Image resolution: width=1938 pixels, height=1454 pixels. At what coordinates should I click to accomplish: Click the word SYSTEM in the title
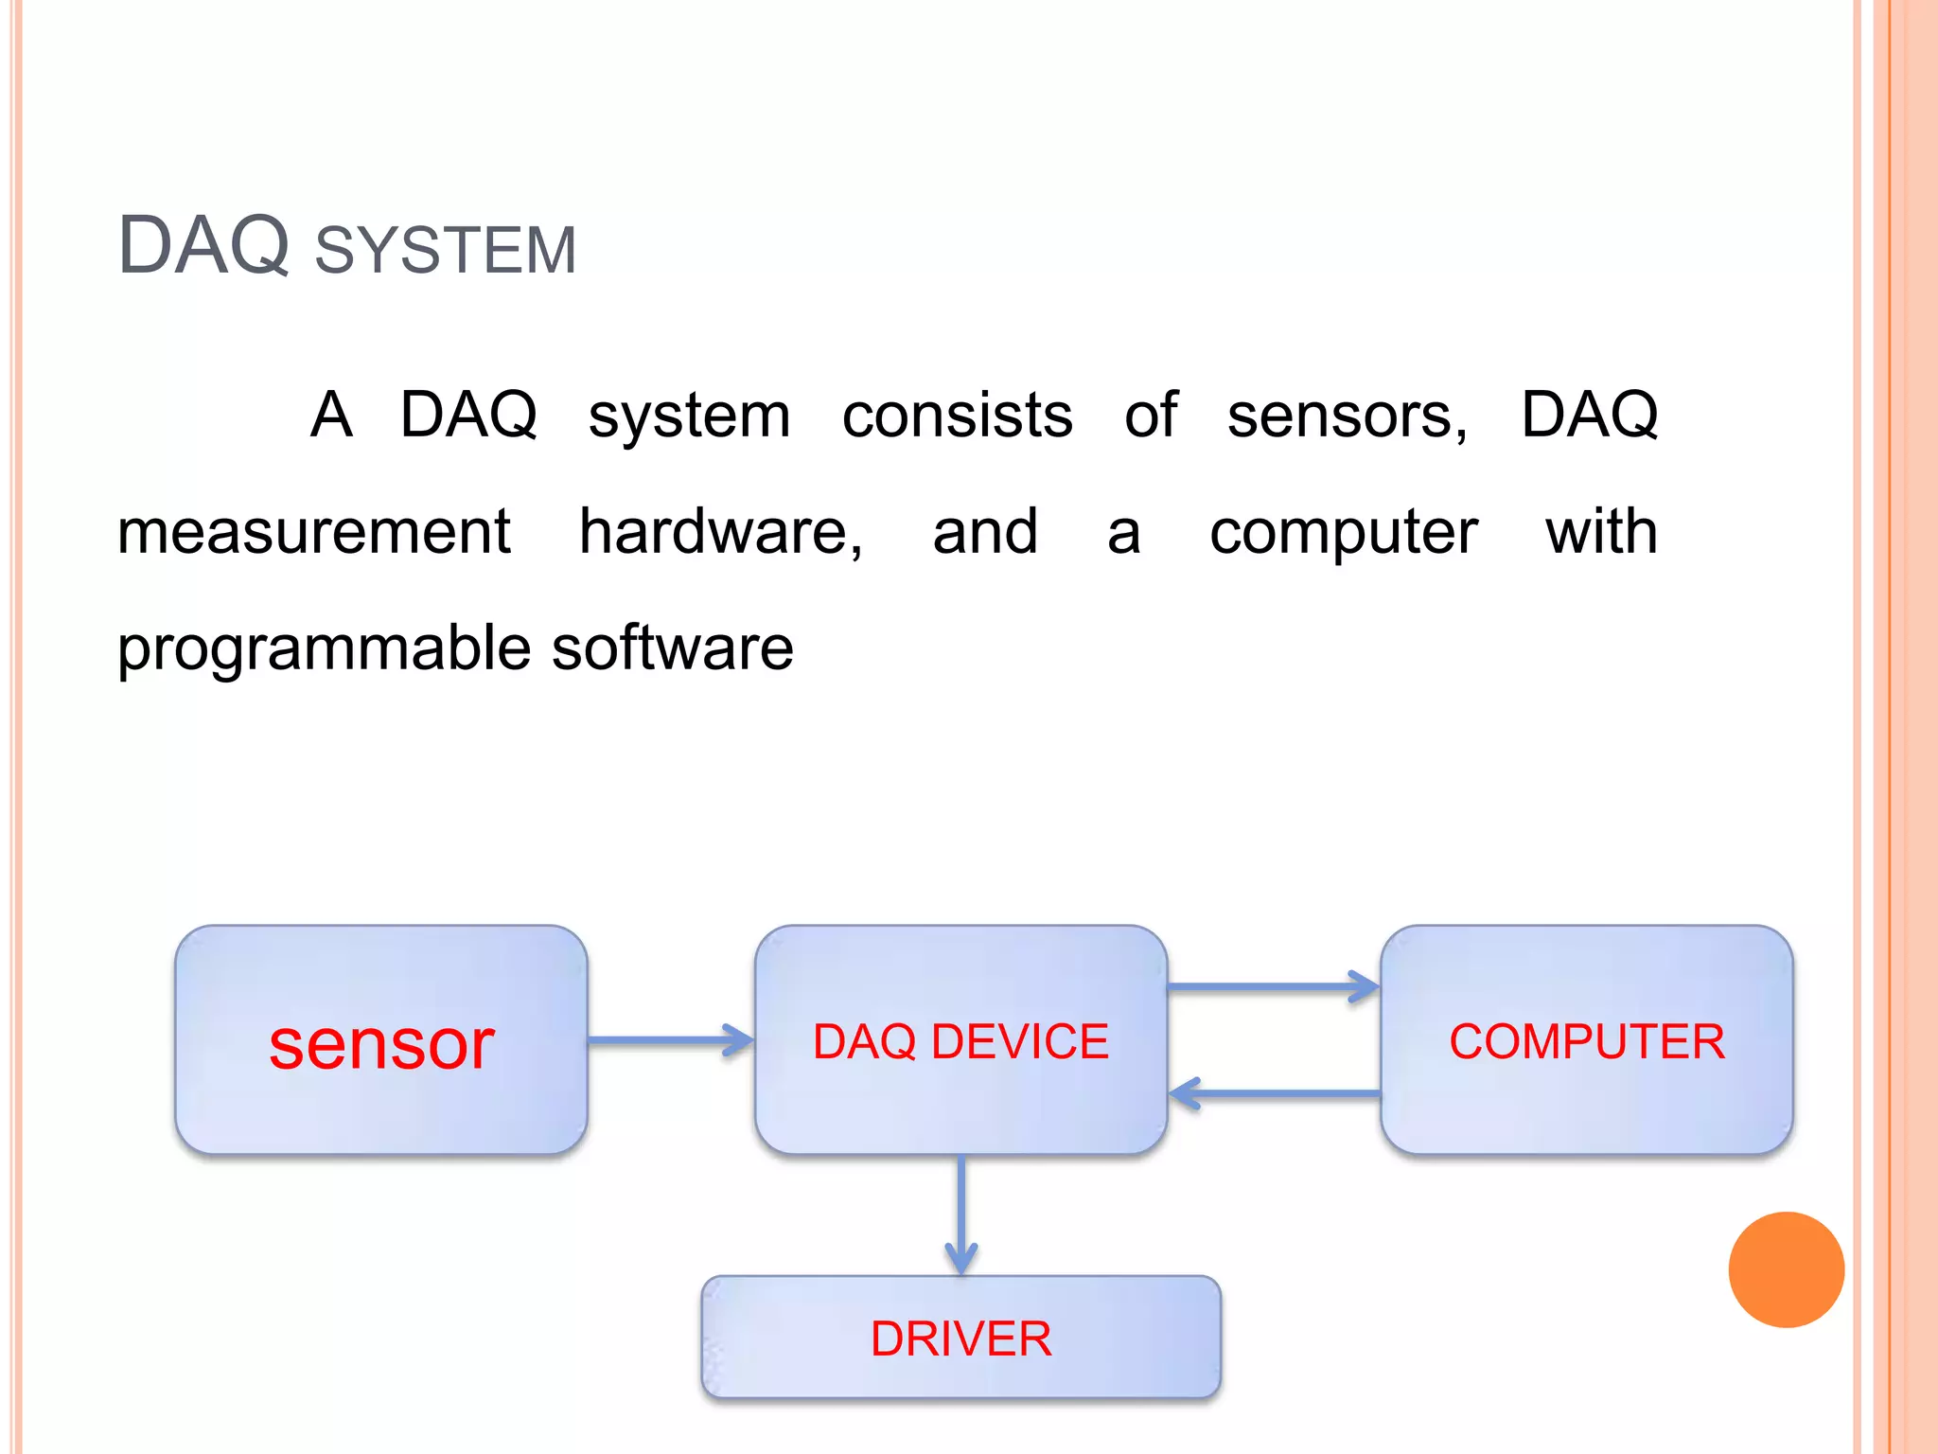coord(445,251)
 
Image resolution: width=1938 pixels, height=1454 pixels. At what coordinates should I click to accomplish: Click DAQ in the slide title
coord(203,246)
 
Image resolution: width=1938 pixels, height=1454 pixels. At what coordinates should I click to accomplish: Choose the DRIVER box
coord(960,1338)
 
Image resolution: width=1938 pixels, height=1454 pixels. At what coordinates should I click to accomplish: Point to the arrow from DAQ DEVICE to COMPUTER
coord(1273,986)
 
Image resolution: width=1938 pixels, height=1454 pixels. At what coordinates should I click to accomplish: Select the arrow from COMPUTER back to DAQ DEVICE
coord(1273,1094)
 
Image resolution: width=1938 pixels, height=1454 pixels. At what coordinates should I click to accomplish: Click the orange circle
coord(1786,1269)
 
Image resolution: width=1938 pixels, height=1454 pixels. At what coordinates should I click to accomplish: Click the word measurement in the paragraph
coord(313,532)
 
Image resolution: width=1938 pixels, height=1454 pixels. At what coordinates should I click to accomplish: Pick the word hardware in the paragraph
coord(720,532)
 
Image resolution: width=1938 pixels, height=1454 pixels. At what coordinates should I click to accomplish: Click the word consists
coord(957,416)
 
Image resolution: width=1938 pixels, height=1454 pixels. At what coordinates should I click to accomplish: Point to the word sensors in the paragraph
coord(1347,417)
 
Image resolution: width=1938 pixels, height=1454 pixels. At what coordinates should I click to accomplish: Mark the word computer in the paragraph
coord(1343,534)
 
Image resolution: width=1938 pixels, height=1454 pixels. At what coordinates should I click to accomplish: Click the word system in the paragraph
coord(689,417)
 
